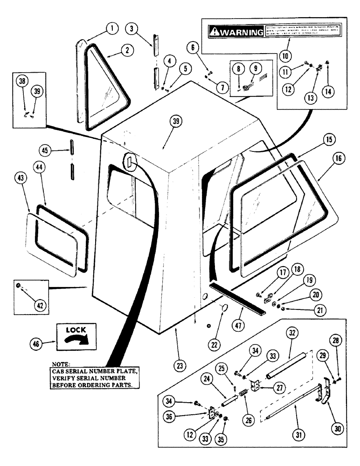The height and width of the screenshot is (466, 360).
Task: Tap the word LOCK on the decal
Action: click(74, 329)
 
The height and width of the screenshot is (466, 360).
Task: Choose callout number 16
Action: click(339, 158)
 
